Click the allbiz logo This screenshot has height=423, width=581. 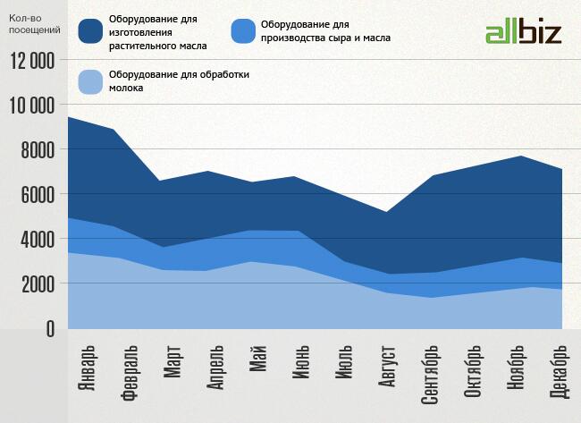(523, 33)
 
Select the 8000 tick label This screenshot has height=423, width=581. (38, 150)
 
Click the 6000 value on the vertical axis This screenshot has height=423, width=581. (38, 195)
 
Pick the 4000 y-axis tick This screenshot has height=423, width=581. (38, 240)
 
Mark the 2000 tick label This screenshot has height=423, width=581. (38, 284)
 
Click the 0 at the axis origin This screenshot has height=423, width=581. (49, 329)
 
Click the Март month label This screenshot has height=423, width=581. (173, 362)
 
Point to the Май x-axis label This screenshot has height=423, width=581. (259, 358)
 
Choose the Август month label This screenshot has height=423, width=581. (388, 368)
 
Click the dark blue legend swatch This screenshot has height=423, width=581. (91, 31)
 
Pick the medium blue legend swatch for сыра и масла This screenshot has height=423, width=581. (243, 31)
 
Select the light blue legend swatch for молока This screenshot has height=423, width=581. (91, 81)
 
